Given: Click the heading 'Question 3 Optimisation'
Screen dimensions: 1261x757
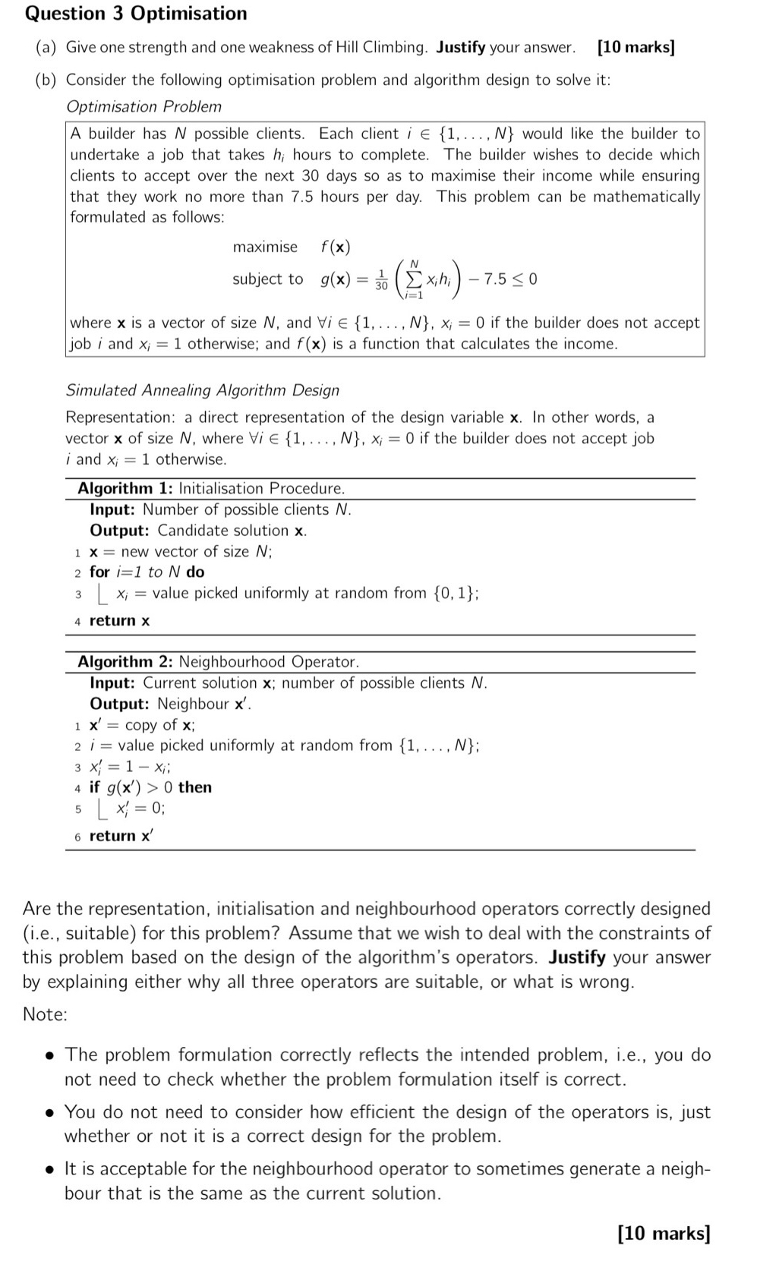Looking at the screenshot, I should click(136, 14).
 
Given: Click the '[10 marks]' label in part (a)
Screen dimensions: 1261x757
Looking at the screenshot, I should click(636, 47).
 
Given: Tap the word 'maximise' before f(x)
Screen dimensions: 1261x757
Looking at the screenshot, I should click(265, 247).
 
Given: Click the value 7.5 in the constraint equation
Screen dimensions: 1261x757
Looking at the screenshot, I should click(495, 279).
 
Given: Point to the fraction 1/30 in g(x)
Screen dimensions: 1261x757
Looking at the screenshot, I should click(381, 279).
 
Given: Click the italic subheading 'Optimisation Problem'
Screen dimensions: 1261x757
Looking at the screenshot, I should click(144, 106).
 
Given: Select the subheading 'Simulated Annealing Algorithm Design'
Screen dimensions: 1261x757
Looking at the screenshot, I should click(203, 390).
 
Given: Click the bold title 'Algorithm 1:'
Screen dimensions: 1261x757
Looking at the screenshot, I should click(125, 488).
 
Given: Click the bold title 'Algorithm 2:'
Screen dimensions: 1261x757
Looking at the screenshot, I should click(125, 661).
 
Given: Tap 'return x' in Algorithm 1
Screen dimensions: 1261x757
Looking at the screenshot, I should click(119, 620).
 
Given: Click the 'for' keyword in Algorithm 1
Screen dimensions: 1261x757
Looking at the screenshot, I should click(99, 572).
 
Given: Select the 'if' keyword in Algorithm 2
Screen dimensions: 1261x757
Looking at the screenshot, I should click(94, 787).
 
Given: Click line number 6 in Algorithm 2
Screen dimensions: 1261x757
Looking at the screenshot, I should click(77, 836).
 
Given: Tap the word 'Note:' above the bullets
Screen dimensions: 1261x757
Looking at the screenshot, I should click(45, 1014).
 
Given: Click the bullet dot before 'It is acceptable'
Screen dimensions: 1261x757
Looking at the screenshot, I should click(49, 1169).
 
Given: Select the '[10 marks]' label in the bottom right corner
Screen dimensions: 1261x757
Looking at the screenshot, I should click(664, 1233).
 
